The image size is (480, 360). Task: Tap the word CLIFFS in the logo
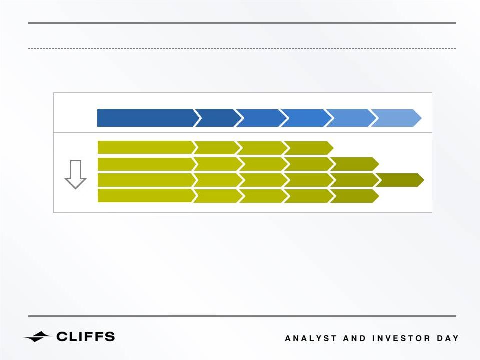click(x=86, y=336)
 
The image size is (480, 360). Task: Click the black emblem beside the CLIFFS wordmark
click(x=37, y=337)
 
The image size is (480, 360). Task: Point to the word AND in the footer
click(x=354, y=338)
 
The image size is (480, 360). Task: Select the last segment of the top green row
click(x=310, y=148)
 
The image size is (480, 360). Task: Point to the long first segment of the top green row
click(x=146, y=148)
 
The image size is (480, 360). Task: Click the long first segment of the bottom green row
click(x=146, y=196)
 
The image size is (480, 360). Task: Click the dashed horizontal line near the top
click(x=242, y=48)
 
